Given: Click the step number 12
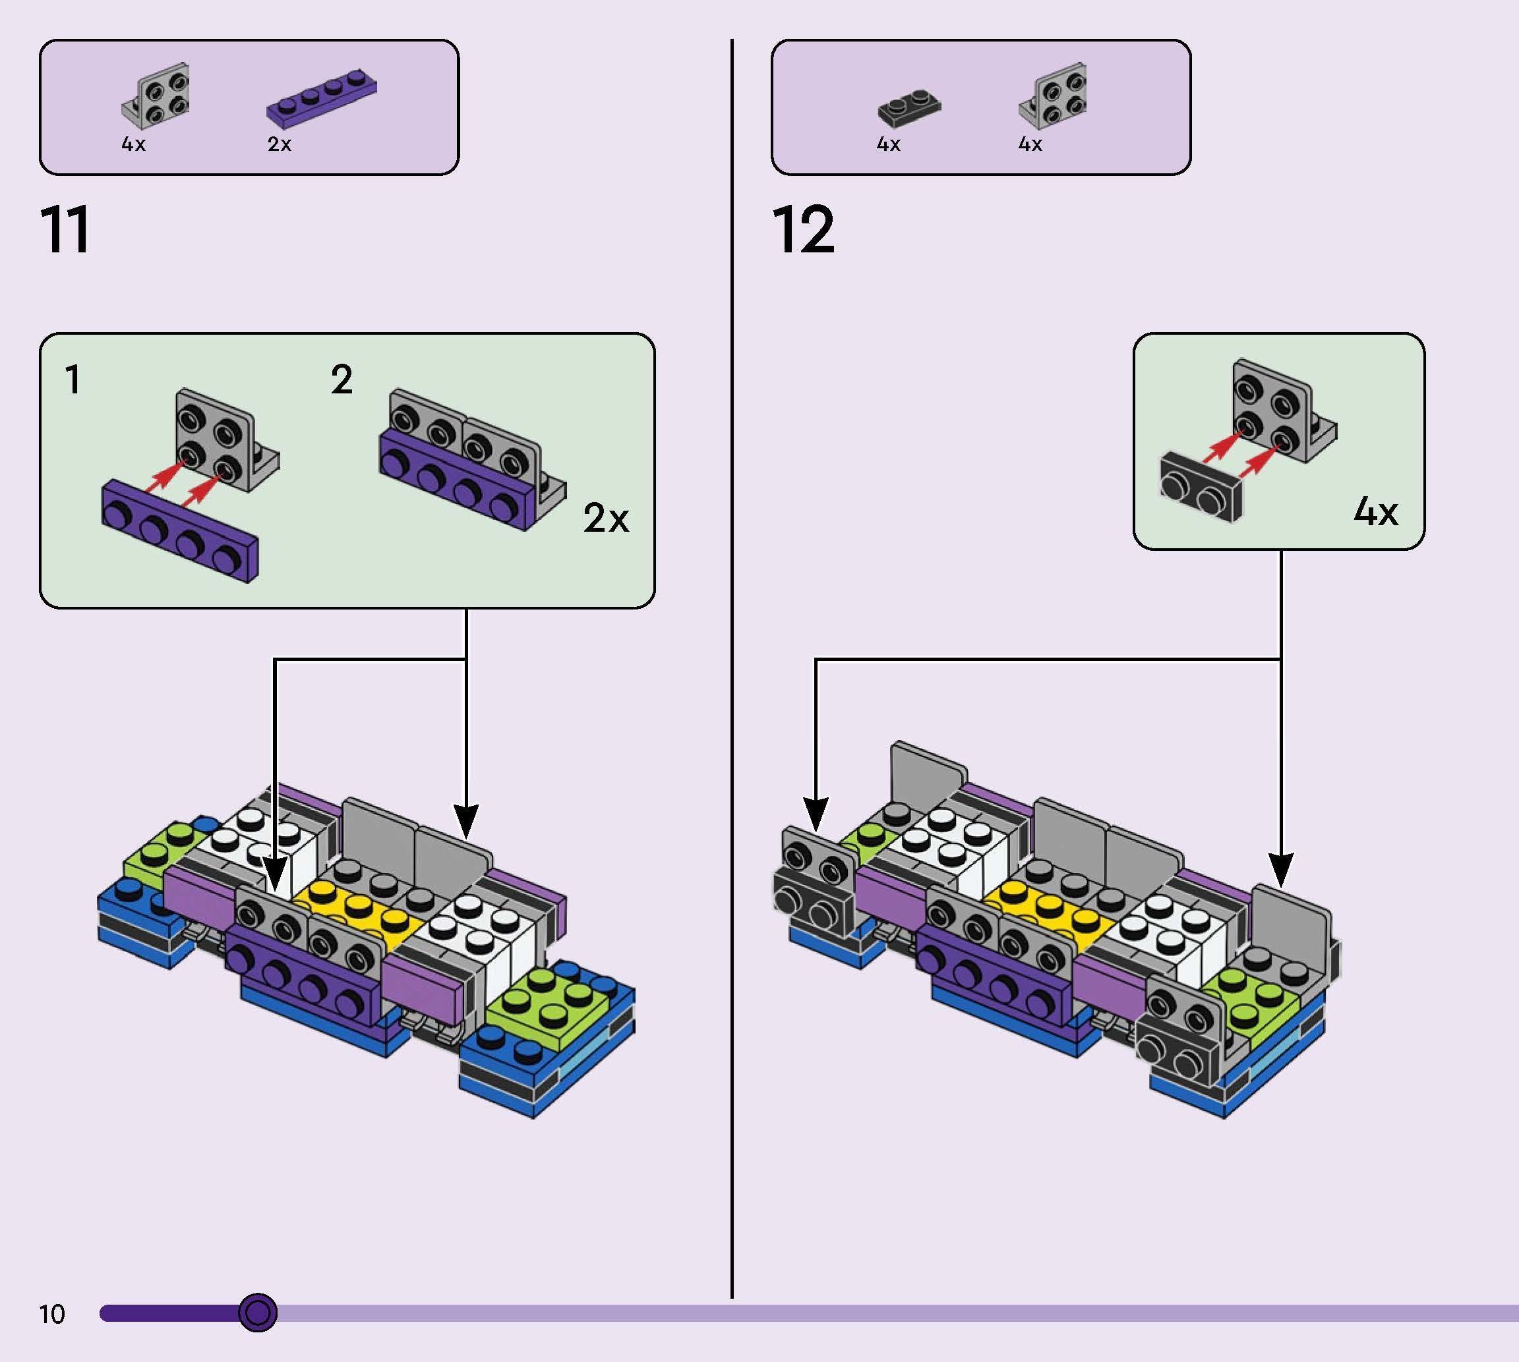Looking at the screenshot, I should (802, 230).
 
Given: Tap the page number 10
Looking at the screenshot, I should (52, 1314).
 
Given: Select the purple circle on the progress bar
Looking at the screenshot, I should (258, 1312).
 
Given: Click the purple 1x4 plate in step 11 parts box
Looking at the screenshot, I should (322, 97).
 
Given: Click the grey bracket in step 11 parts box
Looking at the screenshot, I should (157, 96).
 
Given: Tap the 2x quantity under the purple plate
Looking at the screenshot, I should (280, 144).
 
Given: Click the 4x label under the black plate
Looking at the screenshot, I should (889, 144).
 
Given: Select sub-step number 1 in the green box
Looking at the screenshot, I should (73, 380).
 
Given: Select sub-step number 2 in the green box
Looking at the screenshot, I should (342, 380).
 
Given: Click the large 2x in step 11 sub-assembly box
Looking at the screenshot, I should (606, 517).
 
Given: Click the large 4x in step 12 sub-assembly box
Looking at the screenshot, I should (1375, 512).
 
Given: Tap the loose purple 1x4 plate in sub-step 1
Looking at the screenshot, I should (180, 530).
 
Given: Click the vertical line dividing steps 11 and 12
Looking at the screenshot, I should (731, 673).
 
